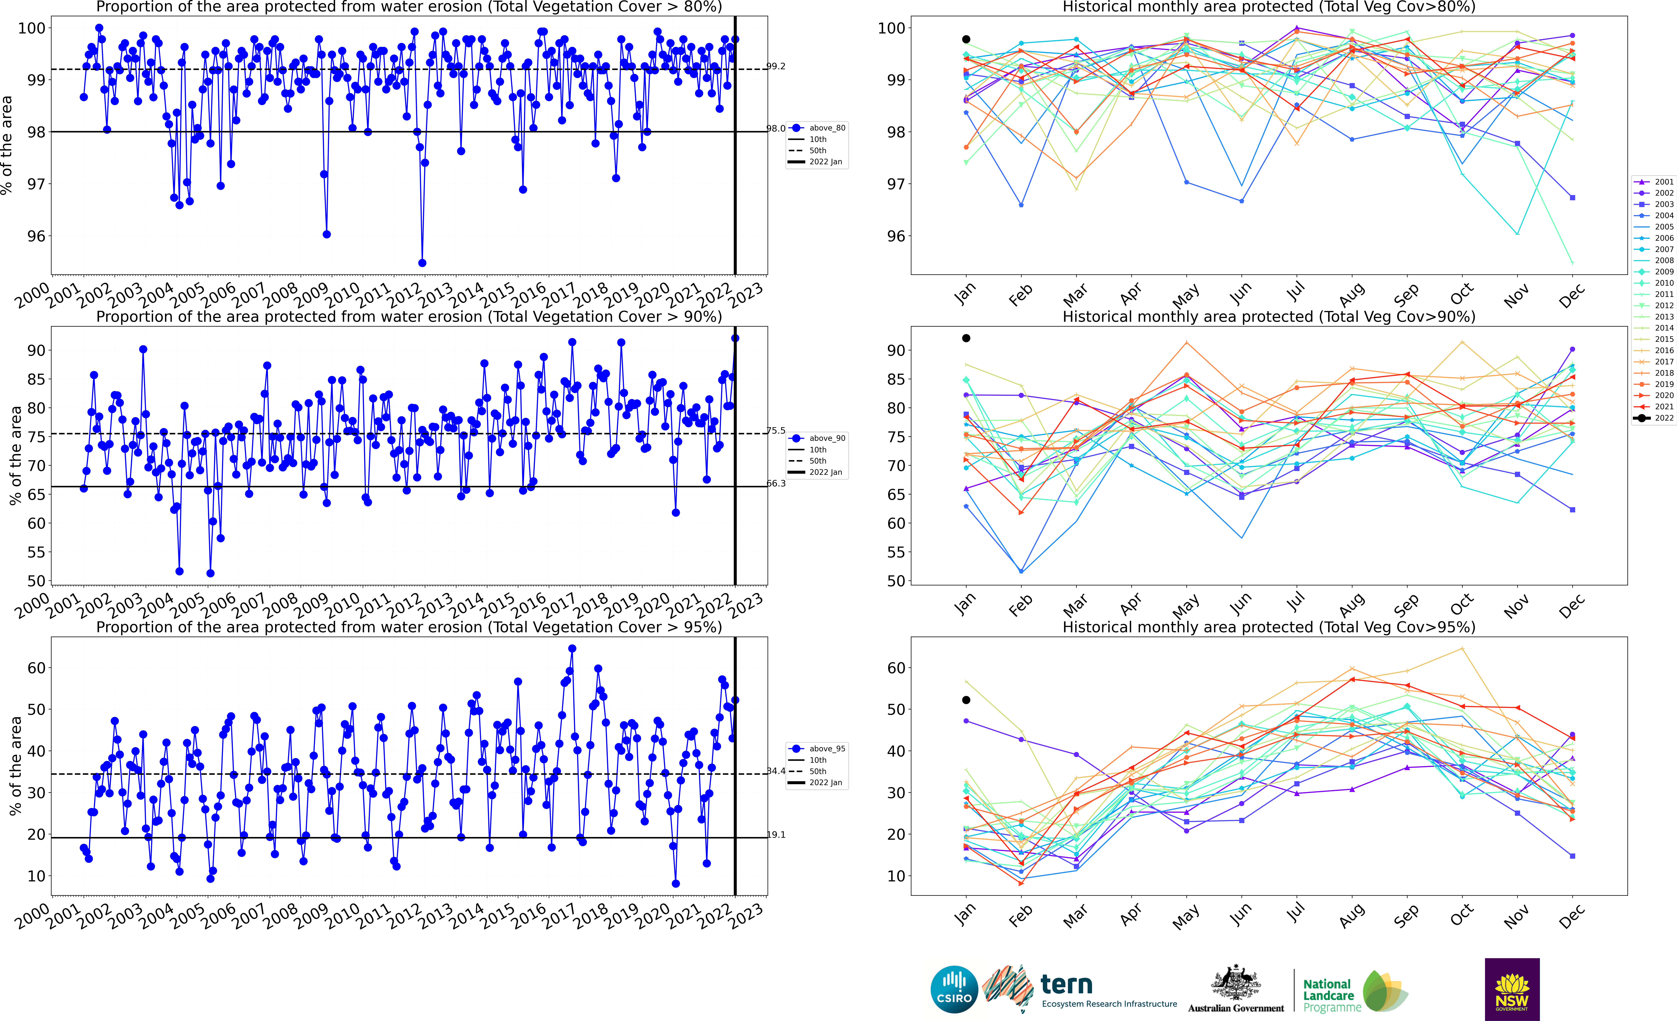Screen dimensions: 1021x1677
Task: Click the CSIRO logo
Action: pyautogui.click(x=954, y=989)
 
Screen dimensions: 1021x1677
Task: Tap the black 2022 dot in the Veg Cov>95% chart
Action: pyautogui.click(x=966, y=700)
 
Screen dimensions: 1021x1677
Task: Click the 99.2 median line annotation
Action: pyautogui.click(x=776, y=66)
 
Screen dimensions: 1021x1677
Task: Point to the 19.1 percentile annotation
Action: pyautogui.click(x=776, y=835)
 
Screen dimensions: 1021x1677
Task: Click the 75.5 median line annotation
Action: pyautogui.click(x=776, y=431)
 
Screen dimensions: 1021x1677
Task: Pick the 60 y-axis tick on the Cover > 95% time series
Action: pyautogui.click(x=36, y=668)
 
